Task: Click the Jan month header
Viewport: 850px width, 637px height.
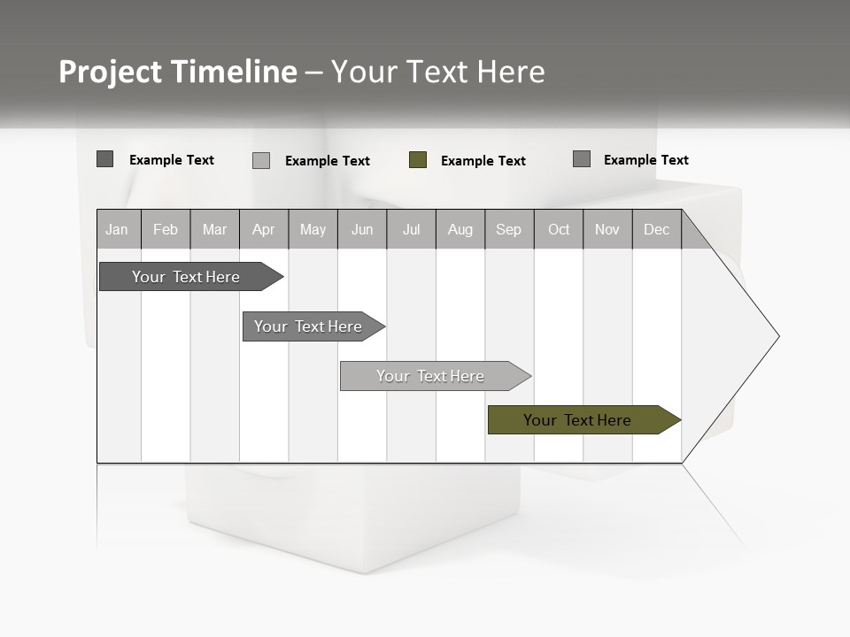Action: (118, 229)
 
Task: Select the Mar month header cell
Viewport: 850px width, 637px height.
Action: (214, 229)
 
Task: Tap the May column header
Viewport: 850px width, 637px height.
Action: (313, 229)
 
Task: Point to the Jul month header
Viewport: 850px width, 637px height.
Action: (411, 229)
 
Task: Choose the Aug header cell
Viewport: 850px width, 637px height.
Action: (460, 229)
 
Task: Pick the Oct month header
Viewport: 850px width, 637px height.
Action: (558, 229)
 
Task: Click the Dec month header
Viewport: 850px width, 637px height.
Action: (656, 229)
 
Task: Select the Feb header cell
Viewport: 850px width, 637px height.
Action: (166, 229)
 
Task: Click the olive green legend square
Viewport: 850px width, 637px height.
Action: (418, 160)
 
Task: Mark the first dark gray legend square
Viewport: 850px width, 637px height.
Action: (105, 159)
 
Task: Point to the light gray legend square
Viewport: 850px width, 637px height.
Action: (261, 160)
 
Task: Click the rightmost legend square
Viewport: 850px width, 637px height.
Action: (582, 159)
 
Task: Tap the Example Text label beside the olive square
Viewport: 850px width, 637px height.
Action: (483, 161)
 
